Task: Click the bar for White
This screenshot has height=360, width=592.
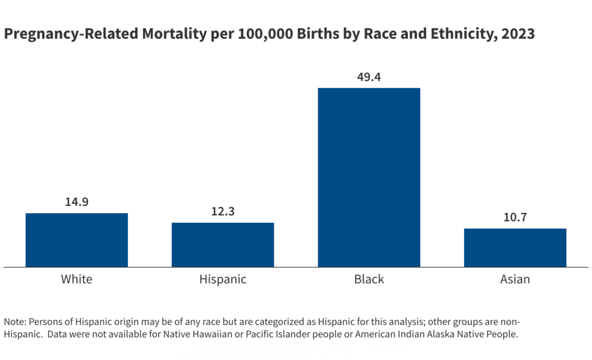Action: click(x=76, y=240)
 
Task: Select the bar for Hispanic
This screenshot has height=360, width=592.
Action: click(x=223, y=245)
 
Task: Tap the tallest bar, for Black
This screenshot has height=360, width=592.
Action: click(x=369, y=177)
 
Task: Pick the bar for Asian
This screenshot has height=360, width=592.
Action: click(x=515, y=248)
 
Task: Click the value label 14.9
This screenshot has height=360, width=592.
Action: click(x=76, y=202)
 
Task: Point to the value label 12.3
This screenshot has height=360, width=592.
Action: click(x=223, y=212)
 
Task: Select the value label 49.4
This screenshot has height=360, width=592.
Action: click(x=369, y=76)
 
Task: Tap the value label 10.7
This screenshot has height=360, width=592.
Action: click(x=515, y=217)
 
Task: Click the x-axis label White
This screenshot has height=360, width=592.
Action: click(x=76, y=279)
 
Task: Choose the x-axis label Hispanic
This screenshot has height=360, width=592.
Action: click(x=223, y=279)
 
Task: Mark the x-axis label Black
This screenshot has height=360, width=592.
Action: click(x=369, y=279)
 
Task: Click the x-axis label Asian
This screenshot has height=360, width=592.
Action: click(x=515, y=279)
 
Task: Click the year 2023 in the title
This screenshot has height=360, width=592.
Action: click(x=517, y=34)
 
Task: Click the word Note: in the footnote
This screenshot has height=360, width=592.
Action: click(x=15, y=322)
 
